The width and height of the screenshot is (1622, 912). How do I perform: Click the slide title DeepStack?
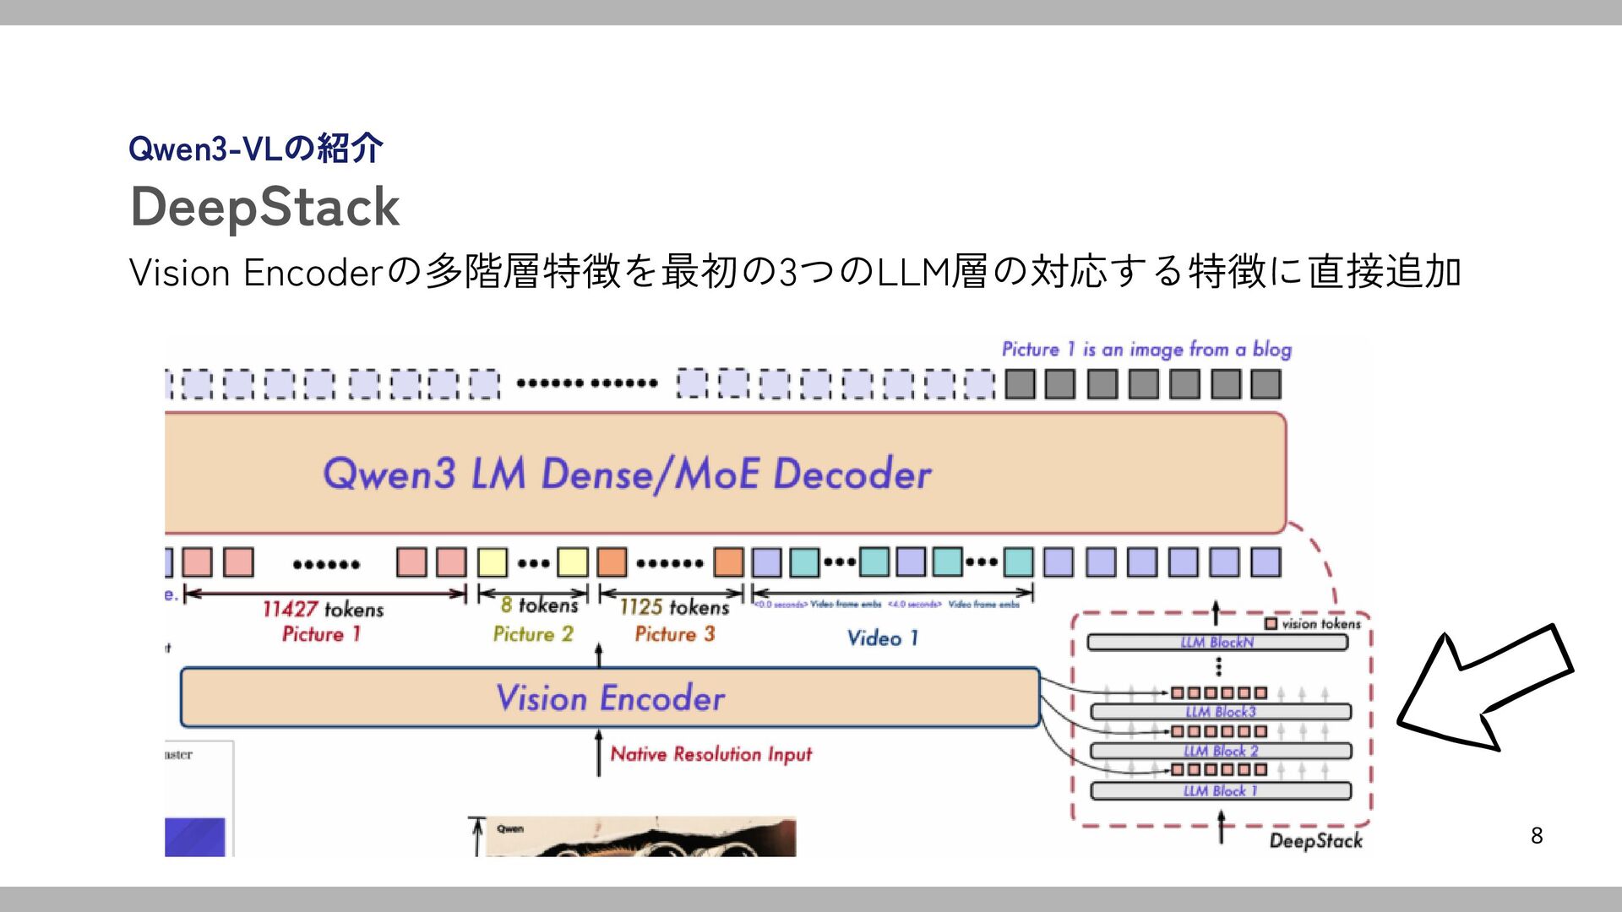264,207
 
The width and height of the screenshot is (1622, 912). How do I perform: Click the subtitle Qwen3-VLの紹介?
256,149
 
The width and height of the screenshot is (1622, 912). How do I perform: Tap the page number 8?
1536,835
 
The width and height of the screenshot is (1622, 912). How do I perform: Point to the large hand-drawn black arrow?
1484,688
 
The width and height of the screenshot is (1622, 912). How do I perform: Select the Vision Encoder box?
610,698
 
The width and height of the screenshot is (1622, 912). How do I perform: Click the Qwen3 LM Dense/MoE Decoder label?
627,473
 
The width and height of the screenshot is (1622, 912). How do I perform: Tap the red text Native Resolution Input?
710,754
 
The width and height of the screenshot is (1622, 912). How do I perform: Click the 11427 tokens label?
323,609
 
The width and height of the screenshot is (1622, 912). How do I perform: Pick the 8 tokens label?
539,605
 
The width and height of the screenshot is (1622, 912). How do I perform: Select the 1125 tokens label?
673,607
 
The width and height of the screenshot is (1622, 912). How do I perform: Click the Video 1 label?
883,638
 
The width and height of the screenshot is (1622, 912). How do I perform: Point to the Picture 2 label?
533,634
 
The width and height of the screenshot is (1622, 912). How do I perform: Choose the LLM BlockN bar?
1216,643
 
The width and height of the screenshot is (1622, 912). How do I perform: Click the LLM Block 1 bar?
1220,791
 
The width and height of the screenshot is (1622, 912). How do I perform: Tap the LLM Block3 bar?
1220,712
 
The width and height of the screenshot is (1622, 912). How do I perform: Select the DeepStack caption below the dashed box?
1315,840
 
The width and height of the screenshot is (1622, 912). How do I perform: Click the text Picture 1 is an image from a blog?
1146,350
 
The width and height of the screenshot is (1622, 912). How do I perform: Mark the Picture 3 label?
674,634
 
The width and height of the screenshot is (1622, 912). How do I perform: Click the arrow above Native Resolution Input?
599,753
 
